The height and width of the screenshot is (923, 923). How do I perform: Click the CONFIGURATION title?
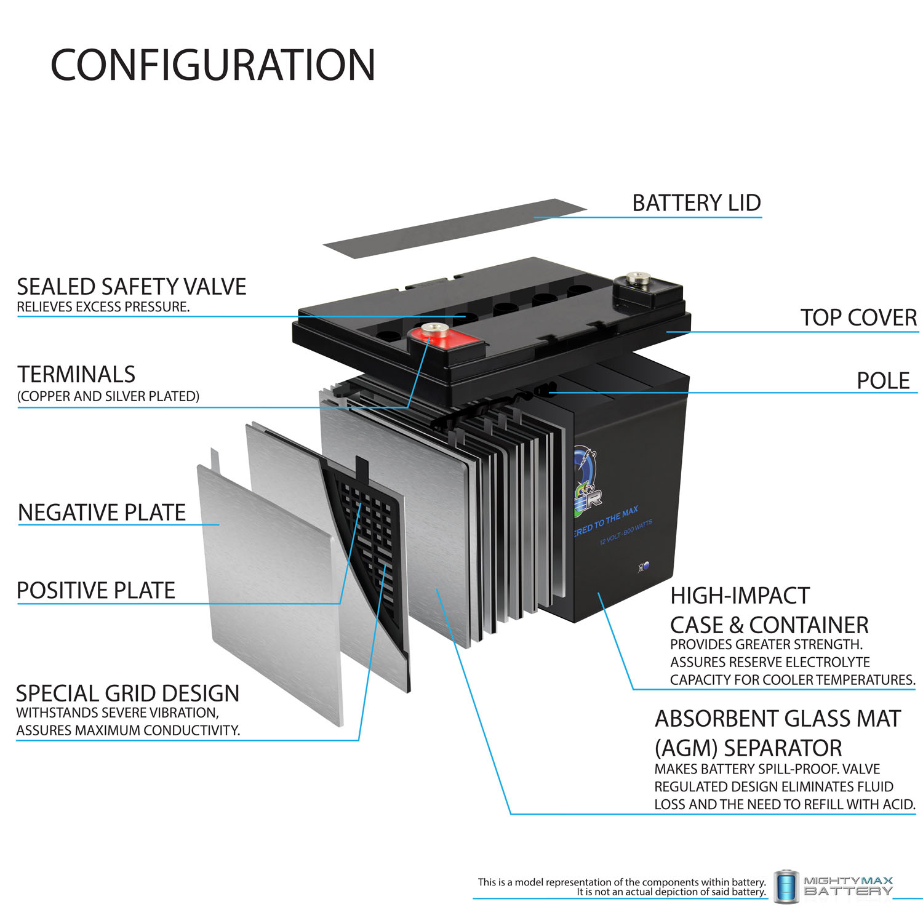(212, 65)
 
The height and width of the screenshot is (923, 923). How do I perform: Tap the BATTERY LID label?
(696, 203)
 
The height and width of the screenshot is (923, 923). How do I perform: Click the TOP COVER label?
(858, 318)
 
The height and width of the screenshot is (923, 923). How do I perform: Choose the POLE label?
(882, 381)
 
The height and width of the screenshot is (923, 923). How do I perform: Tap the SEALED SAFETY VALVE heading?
(131, 287)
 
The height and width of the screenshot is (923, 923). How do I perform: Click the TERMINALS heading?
(76, 374)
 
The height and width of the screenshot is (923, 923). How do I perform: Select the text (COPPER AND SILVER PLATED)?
(108, 396)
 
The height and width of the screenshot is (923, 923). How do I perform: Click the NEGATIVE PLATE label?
(102, 513)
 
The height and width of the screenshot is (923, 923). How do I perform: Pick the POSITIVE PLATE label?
(96, 591)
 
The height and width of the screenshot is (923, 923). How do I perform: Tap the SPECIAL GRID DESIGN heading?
(127, 693)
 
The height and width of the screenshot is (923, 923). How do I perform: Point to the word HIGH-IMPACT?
(740, 596)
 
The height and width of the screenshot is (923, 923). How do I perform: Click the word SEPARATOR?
(783, 748)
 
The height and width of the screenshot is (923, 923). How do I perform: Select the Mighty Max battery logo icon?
(786, 887)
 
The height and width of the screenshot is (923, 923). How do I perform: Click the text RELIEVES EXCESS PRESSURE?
(103, 307)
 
